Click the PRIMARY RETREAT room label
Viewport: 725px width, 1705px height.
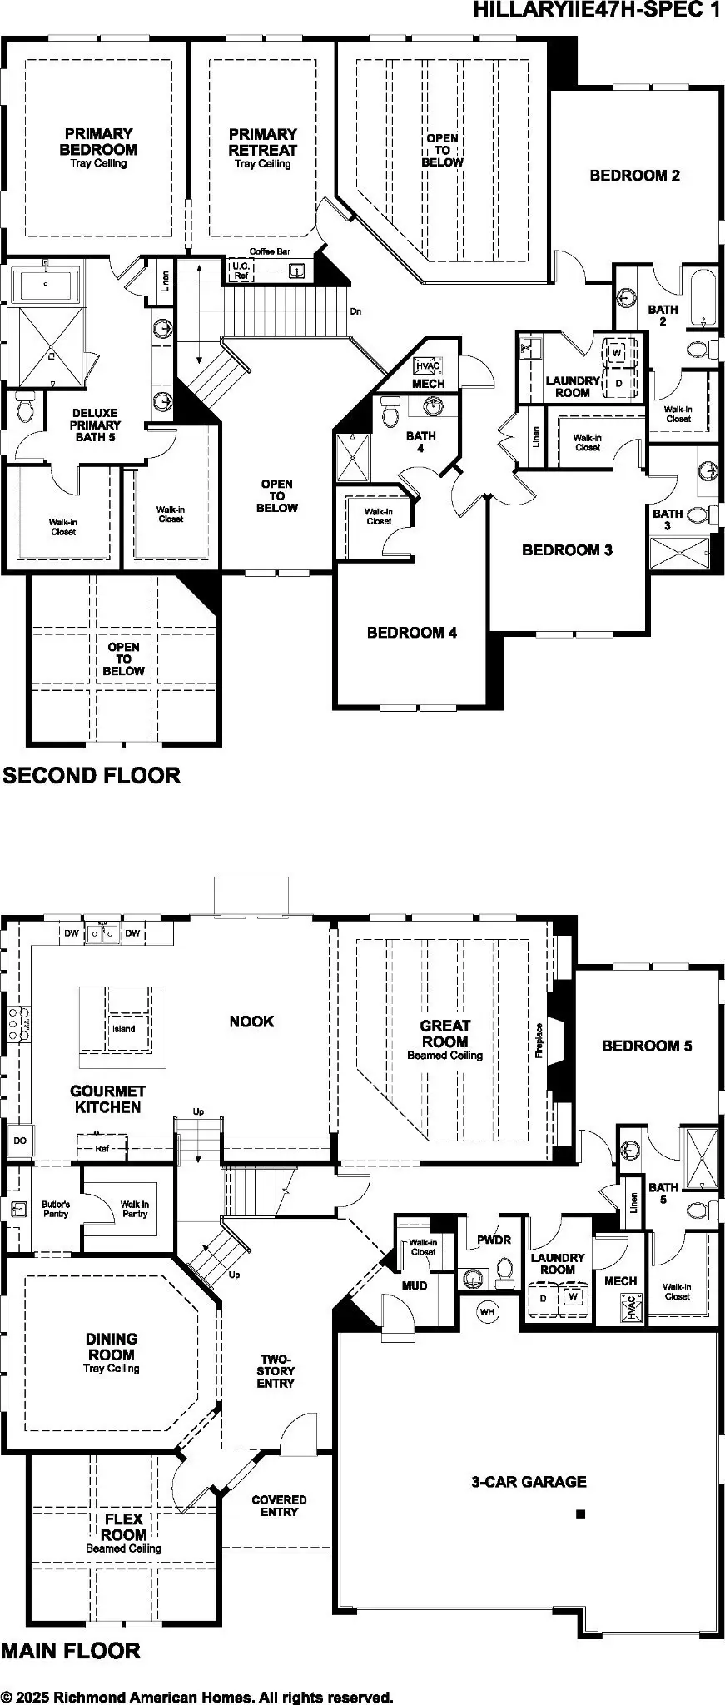click(x=262, y=142)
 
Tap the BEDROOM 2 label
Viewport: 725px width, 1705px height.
click(x=634, y=176)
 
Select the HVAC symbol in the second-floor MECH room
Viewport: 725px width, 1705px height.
click(x=427, y=365)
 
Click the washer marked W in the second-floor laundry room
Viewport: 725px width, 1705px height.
click(x=617, y=353)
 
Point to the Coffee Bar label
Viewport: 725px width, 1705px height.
click(x=271, y=251)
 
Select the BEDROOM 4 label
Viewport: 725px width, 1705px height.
click(x=411, y=633)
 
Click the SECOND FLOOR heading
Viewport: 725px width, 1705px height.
click(x=92, y=776)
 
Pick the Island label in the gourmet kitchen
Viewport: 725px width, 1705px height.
click(x=123, y=1029)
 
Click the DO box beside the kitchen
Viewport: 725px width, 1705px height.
click(x=19, y=1141)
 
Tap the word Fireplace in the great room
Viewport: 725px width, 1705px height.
click(x=539, y=1041)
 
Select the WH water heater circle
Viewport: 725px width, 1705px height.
click(x=487, y=1312)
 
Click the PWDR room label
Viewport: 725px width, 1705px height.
click(x=494, y=1240)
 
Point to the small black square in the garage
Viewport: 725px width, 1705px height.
click(x=581, y=1514)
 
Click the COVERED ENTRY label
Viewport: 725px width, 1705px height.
click(x=279, y=1505)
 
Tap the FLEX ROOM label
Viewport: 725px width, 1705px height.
click(x=124, y=1527)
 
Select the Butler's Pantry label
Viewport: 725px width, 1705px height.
click(x=55, y=1209)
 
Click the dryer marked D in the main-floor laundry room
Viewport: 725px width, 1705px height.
click(x=544, y=1298)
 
